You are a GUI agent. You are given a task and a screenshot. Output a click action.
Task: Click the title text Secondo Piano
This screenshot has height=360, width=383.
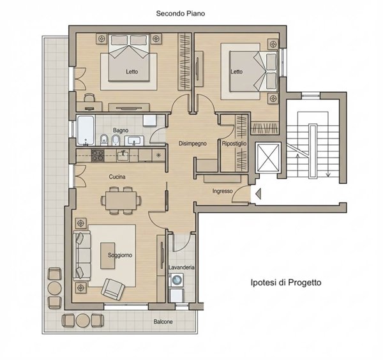(x=181, y=13)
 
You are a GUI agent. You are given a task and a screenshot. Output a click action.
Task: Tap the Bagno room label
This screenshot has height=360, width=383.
(x=121, y=130)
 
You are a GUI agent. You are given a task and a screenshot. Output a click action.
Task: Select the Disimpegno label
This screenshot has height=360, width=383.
(x=193, y=144)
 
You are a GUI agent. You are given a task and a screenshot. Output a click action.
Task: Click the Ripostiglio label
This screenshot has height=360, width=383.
(x=234, y=144)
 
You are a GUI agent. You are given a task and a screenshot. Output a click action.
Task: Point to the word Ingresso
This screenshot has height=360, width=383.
(x=222, y=191)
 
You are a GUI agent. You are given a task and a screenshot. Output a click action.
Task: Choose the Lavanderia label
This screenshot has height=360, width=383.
(x=181, y=267)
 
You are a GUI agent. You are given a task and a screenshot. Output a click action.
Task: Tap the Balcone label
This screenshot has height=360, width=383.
(x=163, y=322)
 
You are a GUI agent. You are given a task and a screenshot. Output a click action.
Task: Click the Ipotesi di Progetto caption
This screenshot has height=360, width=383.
(x=286, y=282)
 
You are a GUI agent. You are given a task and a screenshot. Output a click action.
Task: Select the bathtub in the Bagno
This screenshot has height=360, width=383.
(x=86, y=130)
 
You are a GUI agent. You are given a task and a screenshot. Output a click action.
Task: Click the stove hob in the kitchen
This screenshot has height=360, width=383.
(x=98, y=156)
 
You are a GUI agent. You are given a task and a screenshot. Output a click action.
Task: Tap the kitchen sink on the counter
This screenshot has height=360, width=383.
(x=123, y=156)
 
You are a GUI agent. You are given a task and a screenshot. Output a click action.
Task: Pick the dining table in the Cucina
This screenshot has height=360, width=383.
(x=121, y=200)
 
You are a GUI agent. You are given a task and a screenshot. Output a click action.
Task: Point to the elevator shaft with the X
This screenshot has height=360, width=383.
(x=268, y=157)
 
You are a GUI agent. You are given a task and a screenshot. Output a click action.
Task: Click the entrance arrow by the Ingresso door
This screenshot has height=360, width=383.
(x=258, y=193)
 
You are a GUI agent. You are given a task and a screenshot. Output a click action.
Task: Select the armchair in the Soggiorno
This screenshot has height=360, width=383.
(x=113, y=289)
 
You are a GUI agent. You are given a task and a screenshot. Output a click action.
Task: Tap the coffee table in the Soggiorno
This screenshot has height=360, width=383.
(x=108, y=256)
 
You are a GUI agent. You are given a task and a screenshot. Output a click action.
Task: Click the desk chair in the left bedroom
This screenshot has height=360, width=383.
(x=89, y=98)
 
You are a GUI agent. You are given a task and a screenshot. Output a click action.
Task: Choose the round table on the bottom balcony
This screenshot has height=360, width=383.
(x=83, y=320)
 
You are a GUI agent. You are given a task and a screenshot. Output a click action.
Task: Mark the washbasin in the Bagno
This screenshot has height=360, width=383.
(x=134, y=141)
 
